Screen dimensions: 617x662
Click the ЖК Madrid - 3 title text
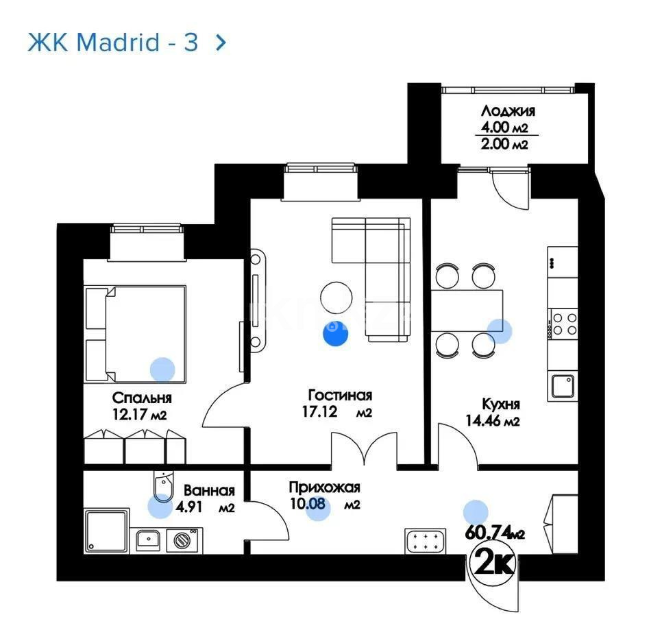click(112, 43)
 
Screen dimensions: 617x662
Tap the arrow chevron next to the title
click(220, 43)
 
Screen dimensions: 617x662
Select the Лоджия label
click(508, 111)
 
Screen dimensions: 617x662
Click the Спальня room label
click(142, 398)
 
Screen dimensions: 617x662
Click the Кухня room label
click(500, 404)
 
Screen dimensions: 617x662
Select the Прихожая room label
click(324, 488)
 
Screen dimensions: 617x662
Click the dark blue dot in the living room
click(335, 334)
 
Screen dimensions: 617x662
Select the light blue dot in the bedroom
click(162, 370)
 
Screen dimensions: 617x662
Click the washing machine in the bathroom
click(182, 540)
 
